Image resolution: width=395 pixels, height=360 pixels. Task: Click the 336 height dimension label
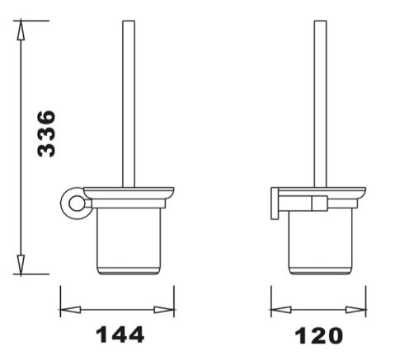pyautogui.click(x=46, y=133)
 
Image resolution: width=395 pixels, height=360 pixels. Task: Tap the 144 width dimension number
pyautogui.click(x=120, y=334)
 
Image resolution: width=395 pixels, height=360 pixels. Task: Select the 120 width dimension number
pyautogui.click(x=319, y=335)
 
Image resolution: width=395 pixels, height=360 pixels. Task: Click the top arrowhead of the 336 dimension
pyautogui.click(x=21, y=30)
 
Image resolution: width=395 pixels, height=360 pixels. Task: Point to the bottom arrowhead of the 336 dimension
pyautogui.click(x=21, y=265)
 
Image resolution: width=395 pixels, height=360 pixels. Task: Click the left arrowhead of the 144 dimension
pyautogui.click(x=70, y=310)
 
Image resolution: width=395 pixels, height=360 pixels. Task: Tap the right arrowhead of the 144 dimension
pyautogui.click(x=164, y=310)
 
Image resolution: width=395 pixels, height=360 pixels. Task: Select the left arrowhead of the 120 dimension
pyautogui.click(x=281, y=310)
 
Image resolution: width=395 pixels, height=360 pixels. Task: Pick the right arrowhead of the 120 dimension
pyautogui.click(x=355, y=310)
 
